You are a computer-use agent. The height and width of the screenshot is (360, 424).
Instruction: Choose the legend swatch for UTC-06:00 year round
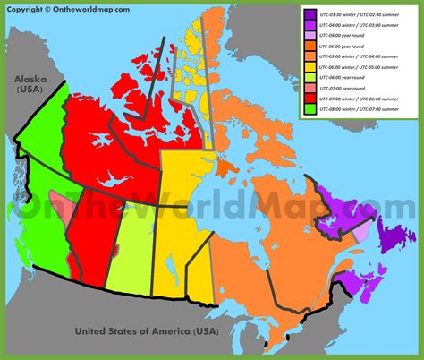309,77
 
